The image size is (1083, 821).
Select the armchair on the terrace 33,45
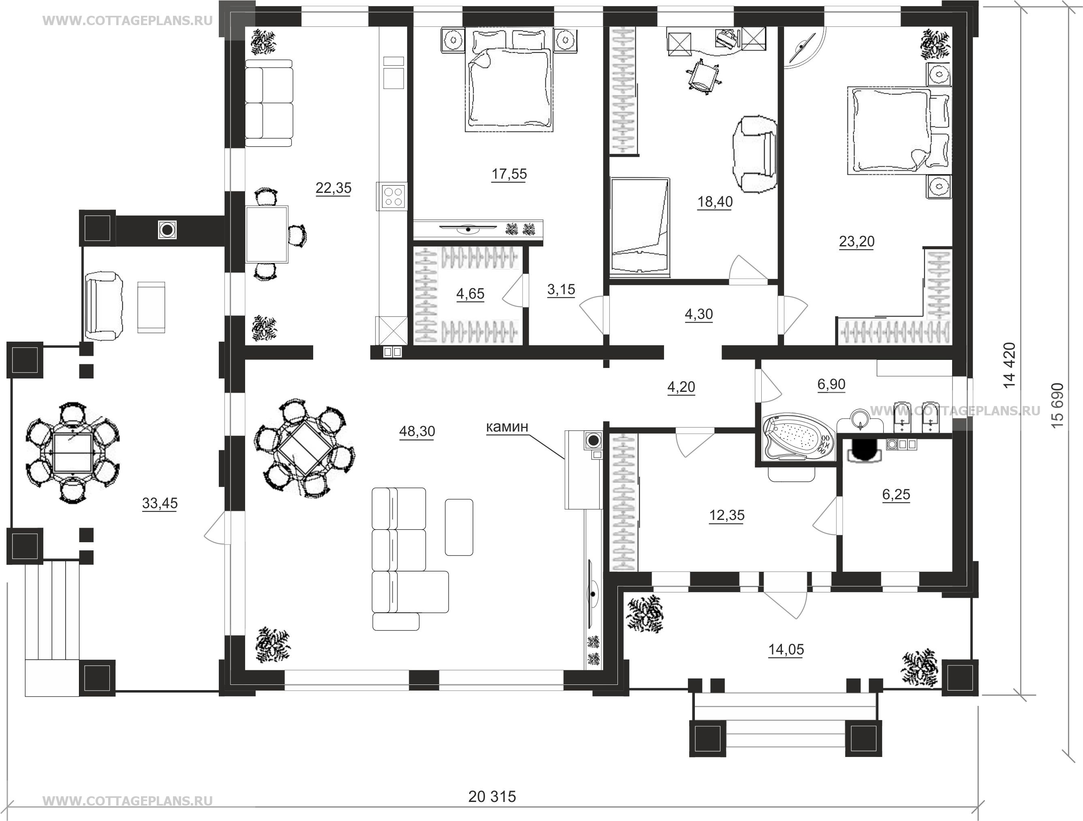(x=103, y=307)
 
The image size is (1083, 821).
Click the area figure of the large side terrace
(x=160, y=503)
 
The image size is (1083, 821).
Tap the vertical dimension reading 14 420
(x=1009, y=365)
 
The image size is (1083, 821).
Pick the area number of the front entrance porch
(x=786, y=650)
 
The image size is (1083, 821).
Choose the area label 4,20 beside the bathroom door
(x=681, y=387)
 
